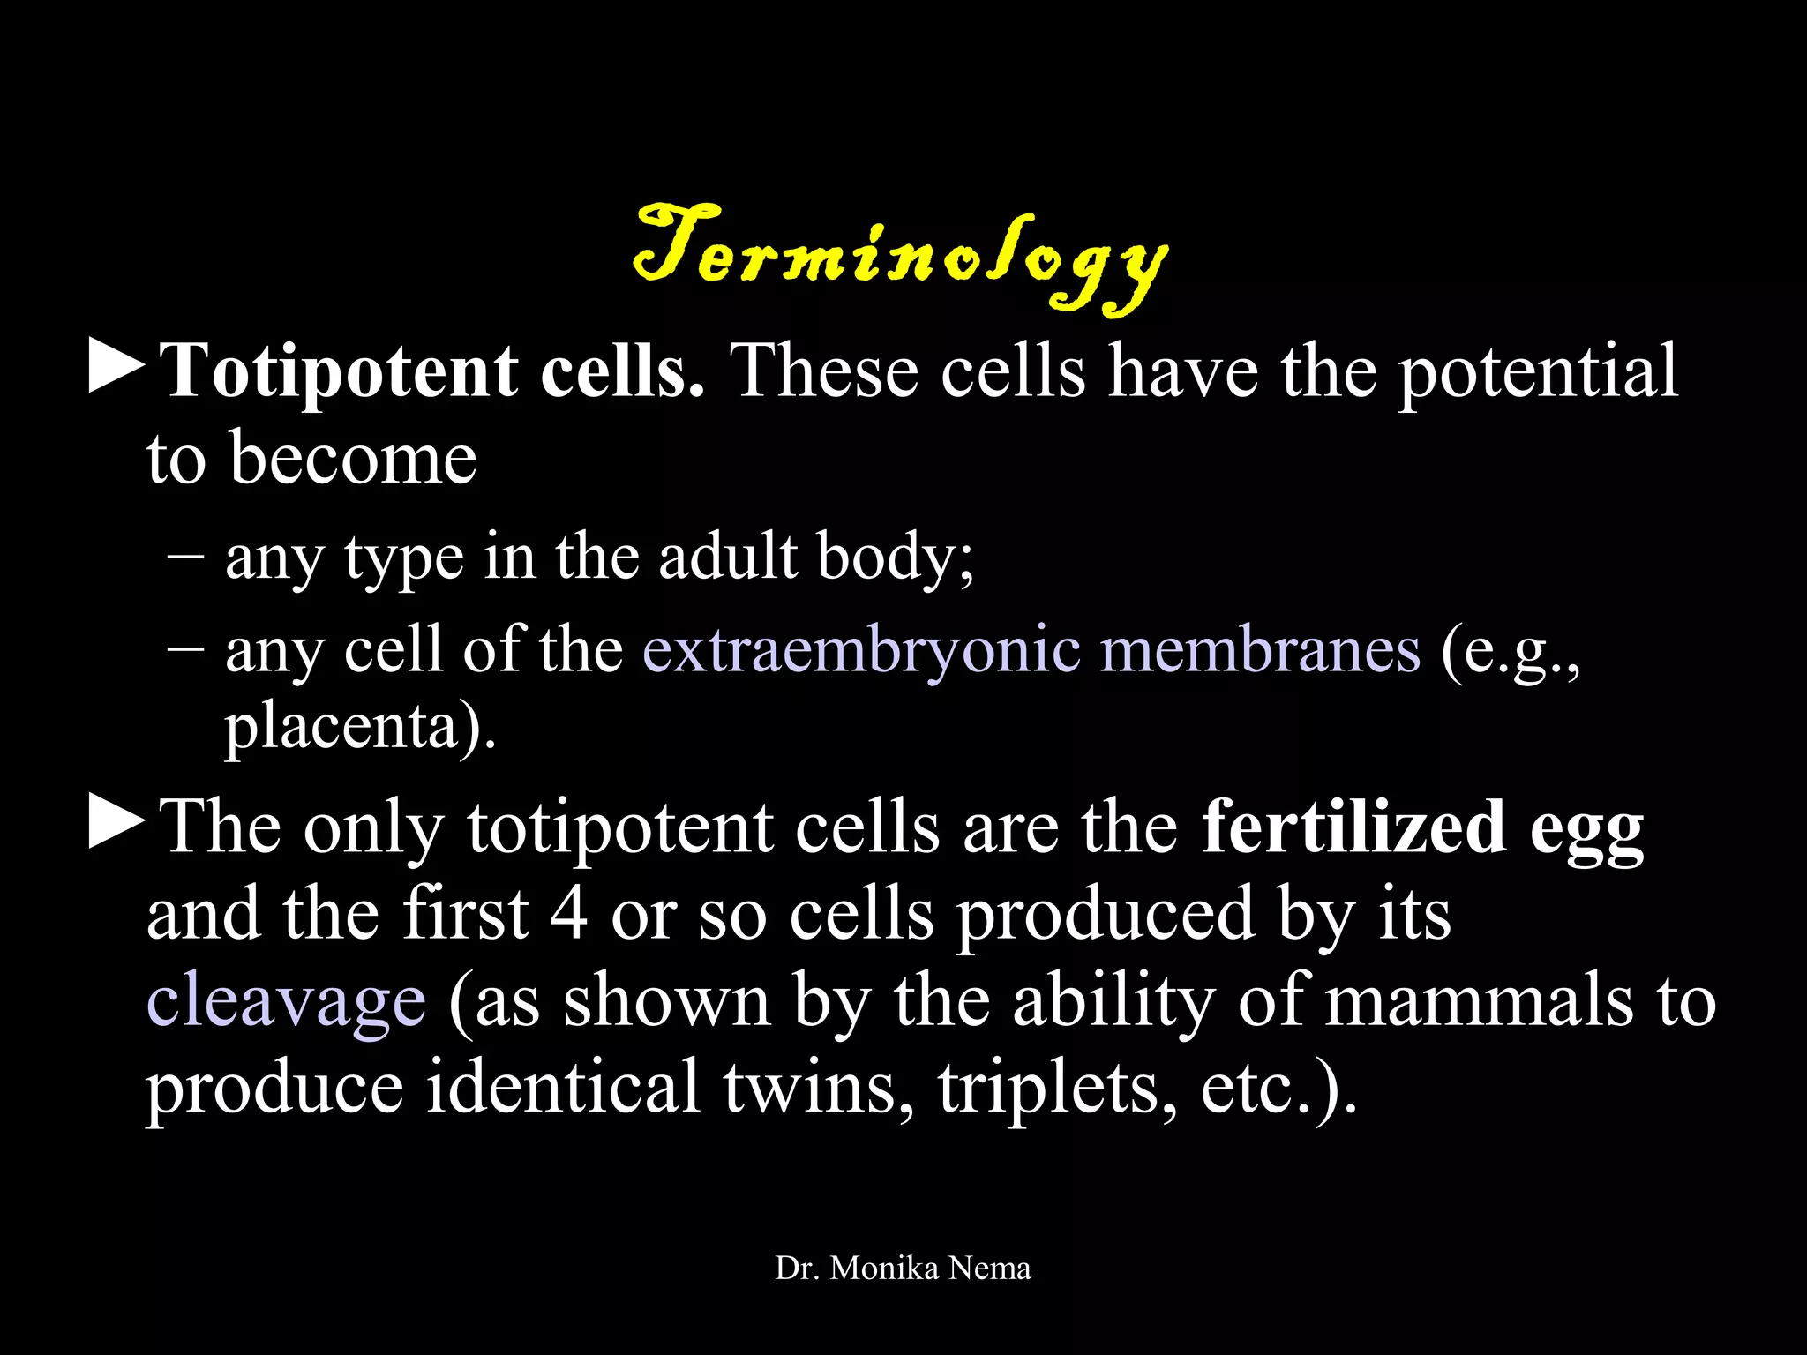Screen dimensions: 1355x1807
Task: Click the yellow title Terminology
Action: pyautogui.click(x=900, y=256)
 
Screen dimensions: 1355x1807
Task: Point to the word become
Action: pyautogui.click(x=353, y=459)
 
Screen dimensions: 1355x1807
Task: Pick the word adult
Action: pyautogui.click(x=728, y=558)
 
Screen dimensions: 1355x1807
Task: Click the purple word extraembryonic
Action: pyautogui.click(x=861, y=651)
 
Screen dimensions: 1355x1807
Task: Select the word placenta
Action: pyautogui.click(x=340, y=728)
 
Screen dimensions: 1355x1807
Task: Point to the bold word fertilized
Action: pyautogui.click(x=1354, y=827)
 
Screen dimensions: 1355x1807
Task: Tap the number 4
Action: pyautogui.click(x=568, y=914)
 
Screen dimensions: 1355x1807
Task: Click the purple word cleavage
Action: pyautogui.click(x=286, y=1002)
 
